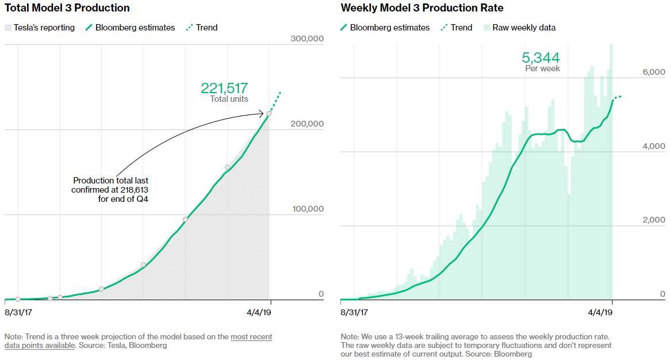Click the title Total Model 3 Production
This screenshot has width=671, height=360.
67,8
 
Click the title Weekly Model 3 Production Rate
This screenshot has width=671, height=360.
422,8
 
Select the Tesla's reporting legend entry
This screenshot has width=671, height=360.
40,28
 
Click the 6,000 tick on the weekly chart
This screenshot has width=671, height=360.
654,72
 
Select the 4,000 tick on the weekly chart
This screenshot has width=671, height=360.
654,146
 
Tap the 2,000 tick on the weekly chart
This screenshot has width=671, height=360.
654,220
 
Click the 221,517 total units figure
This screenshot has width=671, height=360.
224,88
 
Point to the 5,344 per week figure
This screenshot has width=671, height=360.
540,58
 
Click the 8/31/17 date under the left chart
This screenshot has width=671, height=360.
18,312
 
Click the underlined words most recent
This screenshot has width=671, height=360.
251,336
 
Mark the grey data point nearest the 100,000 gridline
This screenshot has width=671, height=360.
185,219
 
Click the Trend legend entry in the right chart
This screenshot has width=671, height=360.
457,28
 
